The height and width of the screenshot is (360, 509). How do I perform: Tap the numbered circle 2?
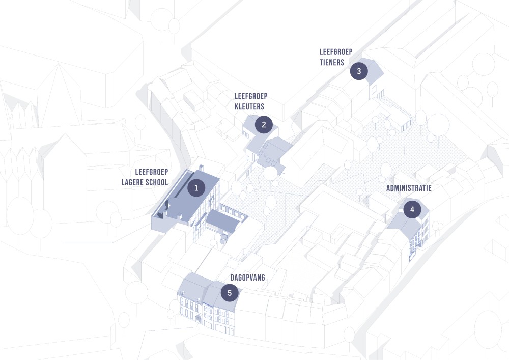point(264,124)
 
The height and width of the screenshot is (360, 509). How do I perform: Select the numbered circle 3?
point(359,71)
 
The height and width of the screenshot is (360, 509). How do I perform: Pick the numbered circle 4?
point(412,209)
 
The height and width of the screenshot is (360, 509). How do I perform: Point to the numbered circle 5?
point(230,293)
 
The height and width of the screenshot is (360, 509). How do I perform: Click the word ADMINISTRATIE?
point(409,188)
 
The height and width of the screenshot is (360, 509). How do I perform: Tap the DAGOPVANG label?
point(247,277)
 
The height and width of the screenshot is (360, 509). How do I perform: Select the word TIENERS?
point(332,63)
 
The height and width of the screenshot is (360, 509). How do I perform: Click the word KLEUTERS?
point(249,106)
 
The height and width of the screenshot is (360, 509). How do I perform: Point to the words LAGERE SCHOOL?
point(145,182)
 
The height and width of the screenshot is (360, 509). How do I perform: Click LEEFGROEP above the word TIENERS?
point(336,52)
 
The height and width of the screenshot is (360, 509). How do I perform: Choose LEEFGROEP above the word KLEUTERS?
point(251,96)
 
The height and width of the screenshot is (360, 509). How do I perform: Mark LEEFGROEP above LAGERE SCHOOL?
point(152,172)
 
